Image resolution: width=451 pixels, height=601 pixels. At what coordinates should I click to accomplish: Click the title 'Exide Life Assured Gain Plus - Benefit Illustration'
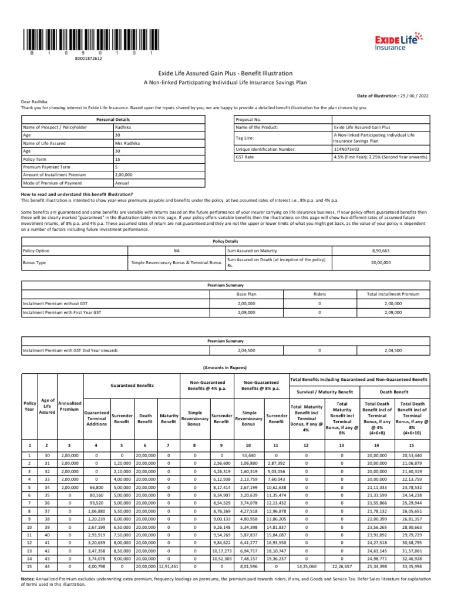pos(225,73)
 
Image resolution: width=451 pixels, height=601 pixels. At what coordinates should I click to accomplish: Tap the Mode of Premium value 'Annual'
pos(123,182)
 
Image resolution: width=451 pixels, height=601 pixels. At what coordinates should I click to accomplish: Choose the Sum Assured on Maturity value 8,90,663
pos(381,250)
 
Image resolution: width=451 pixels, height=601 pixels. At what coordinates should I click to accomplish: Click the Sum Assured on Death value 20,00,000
pos(381,263)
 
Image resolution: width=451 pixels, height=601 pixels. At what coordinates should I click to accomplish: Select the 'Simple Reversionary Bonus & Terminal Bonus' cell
pos(176,263)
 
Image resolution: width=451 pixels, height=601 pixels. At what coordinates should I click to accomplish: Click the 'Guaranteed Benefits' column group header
pos(132,386)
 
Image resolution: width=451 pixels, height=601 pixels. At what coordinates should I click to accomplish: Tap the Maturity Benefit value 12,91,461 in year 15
pos(169,568)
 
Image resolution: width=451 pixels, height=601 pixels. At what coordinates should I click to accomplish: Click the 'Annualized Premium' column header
pos(69,406)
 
